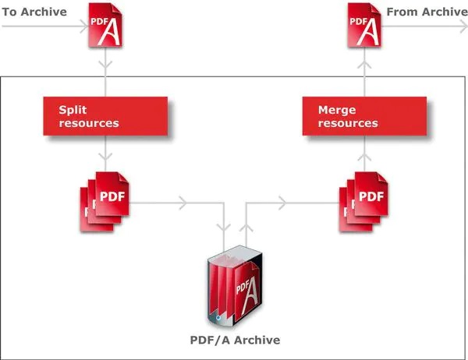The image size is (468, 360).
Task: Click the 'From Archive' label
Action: tap(427, 12)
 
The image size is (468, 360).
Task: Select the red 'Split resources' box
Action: tap(105, 116)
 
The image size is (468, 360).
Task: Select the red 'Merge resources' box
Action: tap(364, 116)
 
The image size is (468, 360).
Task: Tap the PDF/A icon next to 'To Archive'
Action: tap(105, 26)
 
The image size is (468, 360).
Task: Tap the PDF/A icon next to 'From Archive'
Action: tap(364, 26)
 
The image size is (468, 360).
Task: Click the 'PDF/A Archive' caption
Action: tap(234, 340)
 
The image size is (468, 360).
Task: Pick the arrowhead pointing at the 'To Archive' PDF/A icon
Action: tap(82, 26)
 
